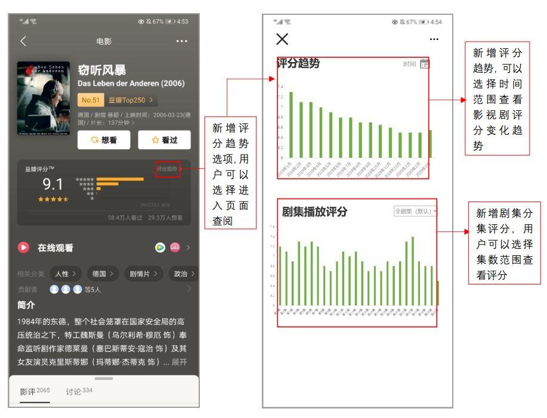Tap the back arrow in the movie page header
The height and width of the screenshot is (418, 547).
click(x=23, y=41)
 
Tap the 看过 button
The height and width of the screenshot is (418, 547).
click(x=164, y=140)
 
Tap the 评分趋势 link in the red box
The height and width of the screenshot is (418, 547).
click(x=168, y=169)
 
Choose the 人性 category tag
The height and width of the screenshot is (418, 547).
click(x=65, y=274)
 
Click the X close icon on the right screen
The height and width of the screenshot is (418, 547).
click(x=282, y=39)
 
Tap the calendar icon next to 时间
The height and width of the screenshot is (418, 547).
click(x=425, y=64)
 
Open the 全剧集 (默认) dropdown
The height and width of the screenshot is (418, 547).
click(x=415, y=211)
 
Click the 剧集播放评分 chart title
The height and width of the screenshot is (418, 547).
click(x=314, y=212)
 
